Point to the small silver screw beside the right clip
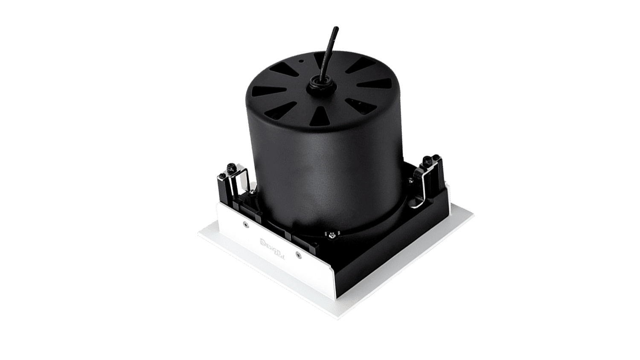[x=411, y=180]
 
